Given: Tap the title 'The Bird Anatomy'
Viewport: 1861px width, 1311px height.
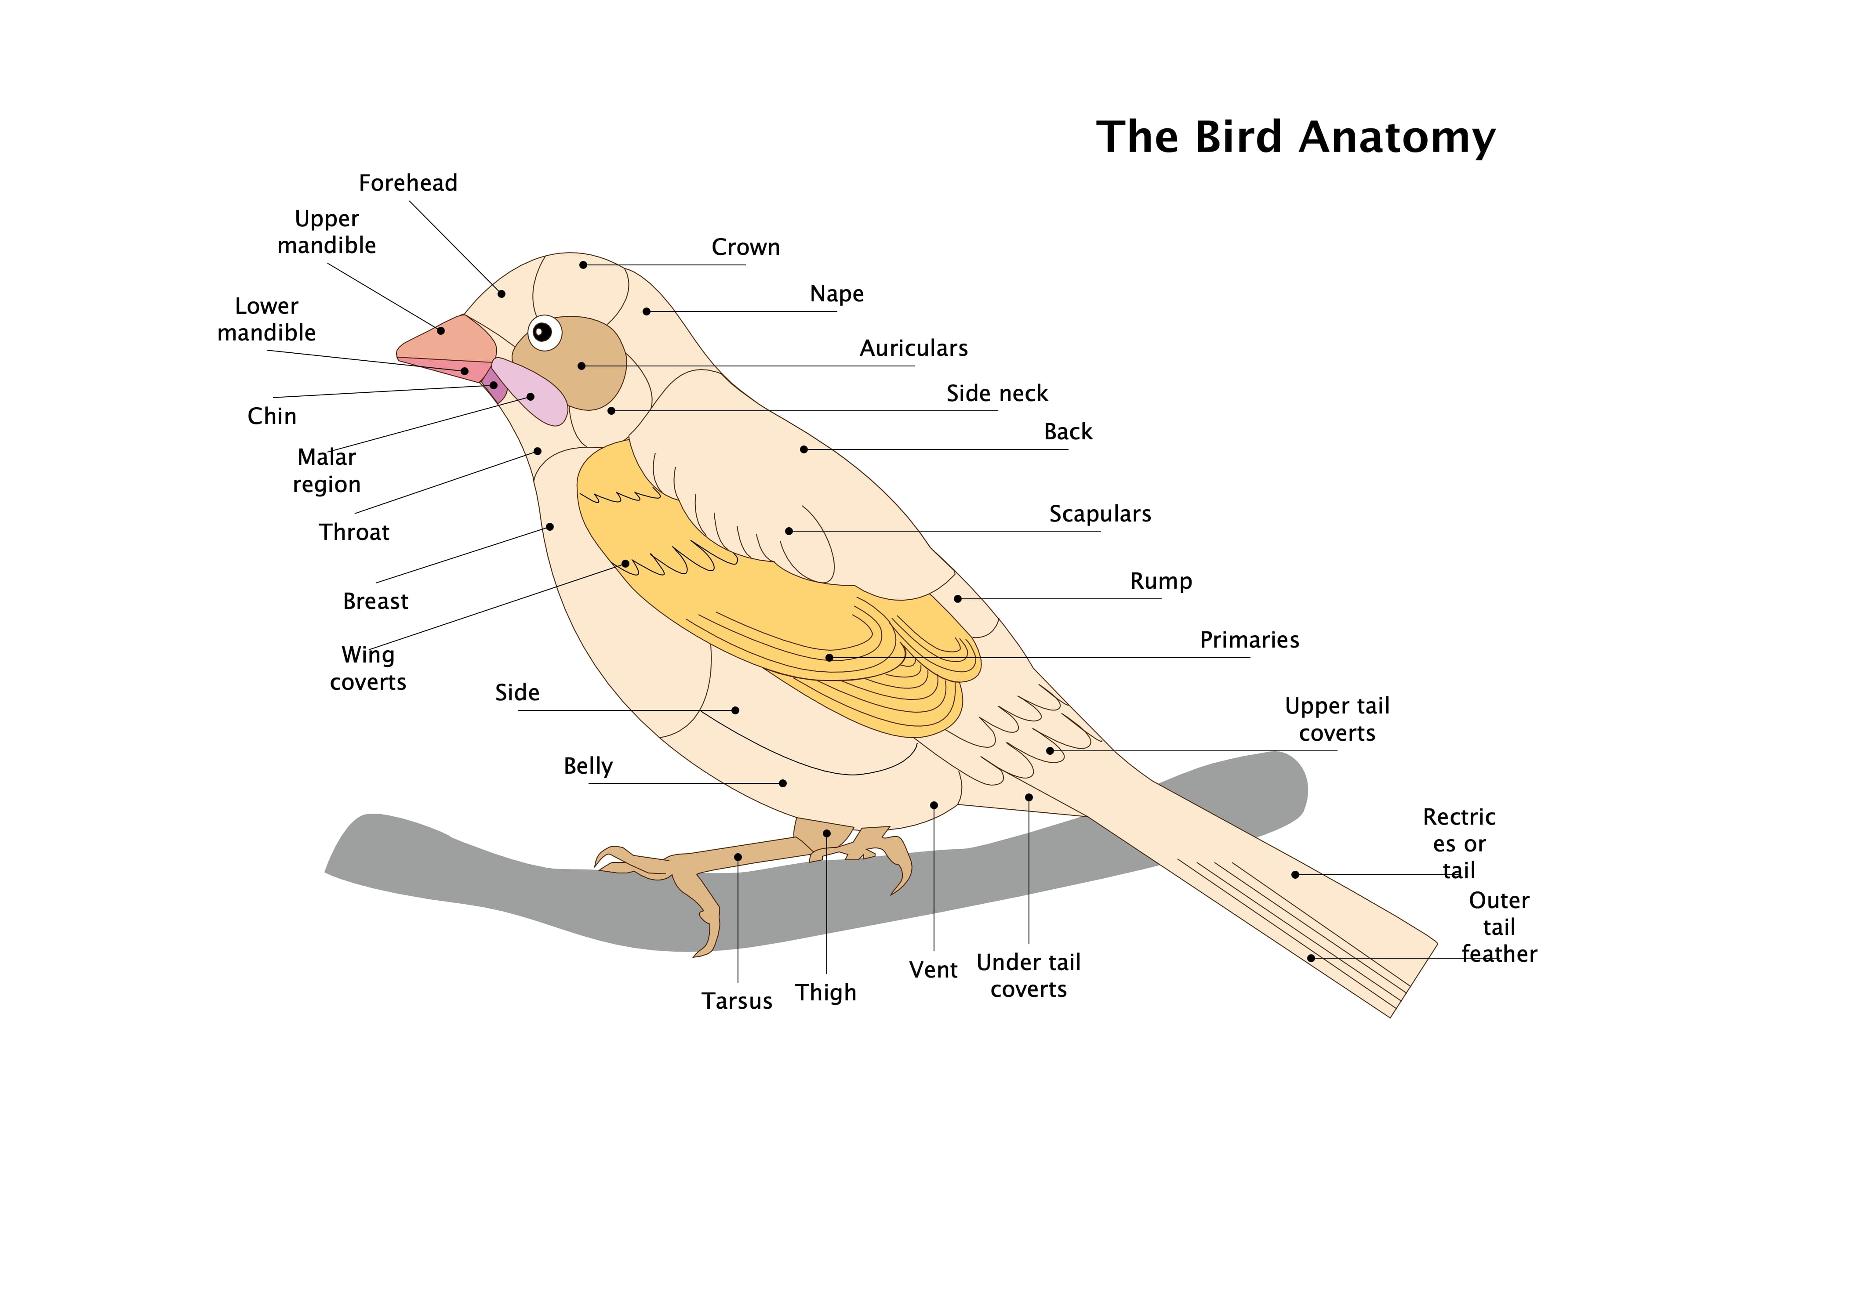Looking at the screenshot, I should point(1295,137).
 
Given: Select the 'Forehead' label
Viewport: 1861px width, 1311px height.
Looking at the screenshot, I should point(408,183).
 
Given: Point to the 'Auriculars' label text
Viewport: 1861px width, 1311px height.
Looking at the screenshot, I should point(913,348).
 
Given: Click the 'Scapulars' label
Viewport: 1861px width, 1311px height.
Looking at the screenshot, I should point(1100,514).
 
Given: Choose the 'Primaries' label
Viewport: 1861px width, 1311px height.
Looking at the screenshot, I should point(1249,640).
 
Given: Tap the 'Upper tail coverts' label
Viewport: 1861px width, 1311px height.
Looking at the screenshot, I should point(1337,720).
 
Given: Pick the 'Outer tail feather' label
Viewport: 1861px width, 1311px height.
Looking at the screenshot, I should point(1499,927).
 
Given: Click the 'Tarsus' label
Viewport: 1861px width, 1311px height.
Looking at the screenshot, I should point(737,1001).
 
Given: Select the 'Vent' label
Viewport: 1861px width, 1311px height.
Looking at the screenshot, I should point(933,970).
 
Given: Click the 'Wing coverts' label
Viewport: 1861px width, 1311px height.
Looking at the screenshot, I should point(368,669).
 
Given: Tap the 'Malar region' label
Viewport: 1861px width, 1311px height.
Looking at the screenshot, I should point(327,471).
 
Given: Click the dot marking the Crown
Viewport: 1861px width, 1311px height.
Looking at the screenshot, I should point(583,265).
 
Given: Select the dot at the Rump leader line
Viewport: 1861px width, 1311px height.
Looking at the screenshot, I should point(957,599).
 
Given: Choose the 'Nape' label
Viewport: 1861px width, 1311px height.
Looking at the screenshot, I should point(836,293).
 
